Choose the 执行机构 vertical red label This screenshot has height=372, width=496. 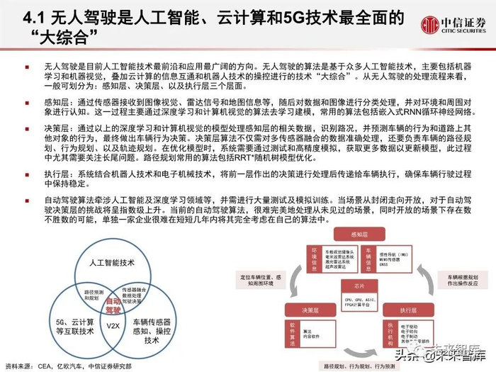click(389, 334)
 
